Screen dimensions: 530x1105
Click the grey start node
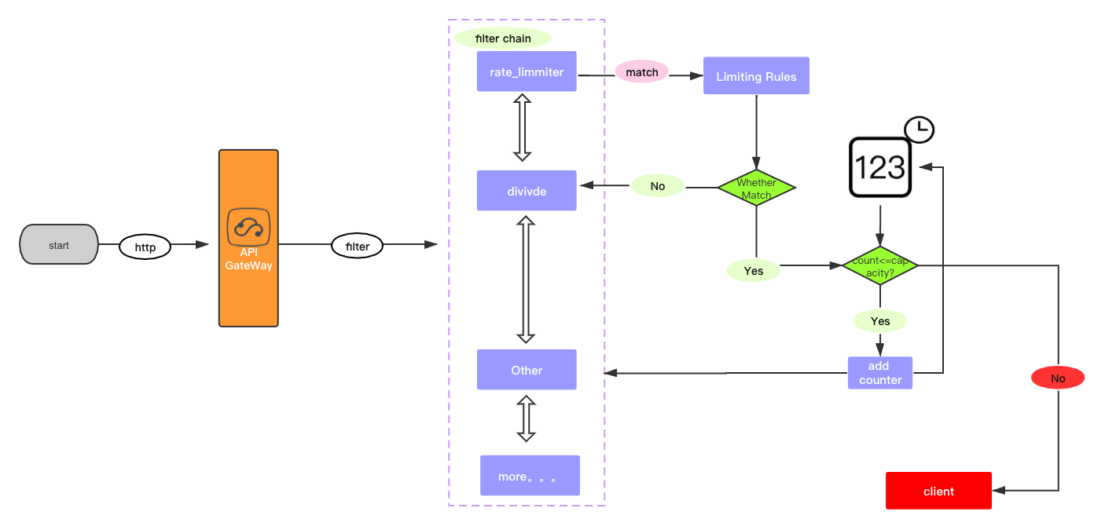click(59, 245)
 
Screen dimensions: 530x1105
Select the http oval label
click(145, 247)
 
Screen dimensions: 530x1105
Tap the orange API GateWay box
click(248, 238)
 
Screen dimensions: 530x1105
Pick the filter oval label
click(358, 246)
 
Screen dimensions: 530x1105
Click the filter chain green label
click(503, 38)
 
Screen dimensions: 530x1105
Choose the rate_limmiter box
click(527, 71)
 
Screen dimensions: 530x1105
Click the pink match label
click(642, 71)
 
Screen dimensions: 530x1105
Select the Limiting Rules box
click(756, 76)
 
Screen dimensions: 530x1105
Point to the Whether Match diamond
click(756, 188)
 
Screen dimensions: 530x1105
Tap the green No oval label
click(658, 186)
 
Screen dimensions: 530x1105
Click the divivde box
click(527, 190)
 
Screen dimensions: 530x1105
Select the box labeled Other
click(527, 370)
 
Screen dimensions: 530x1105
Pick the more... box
click(530, 476)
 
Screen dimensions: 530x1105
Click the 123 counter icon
click(879, 168)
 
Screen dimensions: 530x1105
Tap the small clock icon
click(919, 129)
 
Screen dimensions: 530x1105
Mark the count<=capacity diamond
click(879, 265)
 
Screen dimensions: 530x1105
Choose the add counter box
click(880, 373)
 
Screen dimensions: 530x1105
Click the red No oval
click(1058, 378)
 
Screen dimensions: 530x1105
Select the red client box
click(938, 491)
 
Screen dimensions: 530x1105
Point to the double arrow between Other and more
click(527, 419)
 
